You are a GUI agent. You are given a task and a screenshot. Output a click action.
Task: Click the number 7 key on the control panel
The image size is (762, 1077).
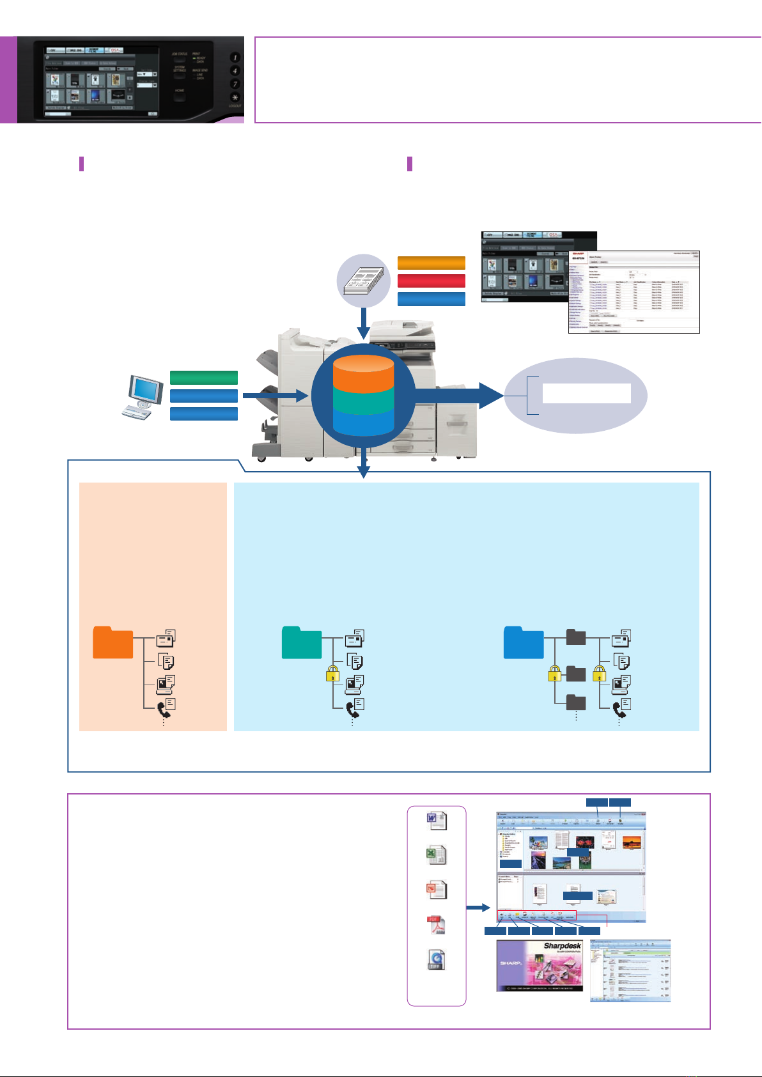(235, 84)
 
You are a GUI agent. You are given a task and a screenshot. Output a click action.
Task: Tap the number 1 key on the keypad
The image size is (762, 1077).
(235, 58)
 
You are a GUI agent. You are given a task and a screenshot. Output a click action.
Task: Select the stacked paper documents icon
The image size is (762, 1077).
(364, 281)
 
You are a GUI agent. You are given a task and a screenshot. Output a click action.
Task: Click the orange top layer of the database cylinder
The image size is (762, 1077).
(363, 373)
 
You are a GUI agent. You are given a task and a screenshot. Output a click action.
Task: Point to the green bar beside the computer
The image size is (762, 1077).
(204, 378)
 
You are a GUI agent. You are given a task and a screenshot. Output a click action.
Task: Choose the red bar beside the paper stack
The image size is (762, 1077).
(432, 281)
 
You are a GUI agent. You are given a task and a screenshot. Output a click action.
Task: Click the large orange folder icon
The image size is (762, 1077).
(113, 642)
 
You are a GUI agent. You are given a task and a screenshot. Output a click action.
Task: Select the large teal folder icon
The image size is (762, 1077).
(302, 642)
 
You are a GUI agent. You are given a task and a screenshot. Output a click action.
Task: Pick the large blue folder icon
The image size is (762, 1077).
(524, 642)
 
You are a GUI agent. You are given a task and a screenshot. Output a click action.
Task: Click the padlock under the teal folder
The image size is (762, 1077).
(332, 674)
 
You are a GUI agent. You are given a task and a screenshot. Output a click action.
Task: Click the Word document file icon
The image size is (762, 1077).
(437, 820)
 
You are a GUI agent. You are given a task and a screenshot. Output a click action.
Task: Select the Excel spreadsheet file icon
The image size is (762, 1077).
(437, 855)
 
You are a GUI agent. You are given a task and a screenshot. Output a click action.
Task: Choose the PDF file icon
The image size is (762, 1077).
(437, 925)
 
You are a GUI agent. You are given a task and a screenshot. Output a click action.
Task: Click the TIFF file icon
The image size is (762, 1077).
(437, 960)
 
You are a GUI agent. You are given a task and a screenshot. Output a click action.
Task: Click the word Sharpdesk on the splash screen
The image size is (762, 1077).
(562, 946)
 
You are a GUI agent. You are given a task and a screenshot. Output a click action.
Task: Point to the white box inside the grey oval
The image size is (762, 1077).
(587, 394)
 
